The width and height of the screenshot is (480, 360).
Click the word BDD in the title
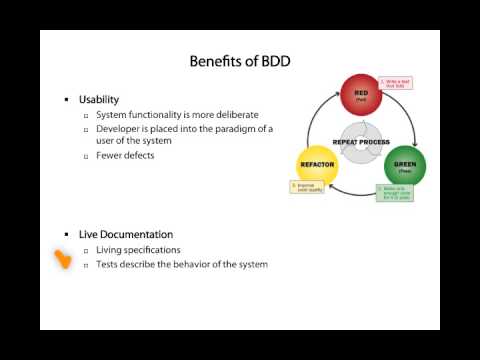[x=274, y=61]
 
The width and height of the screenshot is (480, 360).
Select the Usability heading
[x=99, y=99]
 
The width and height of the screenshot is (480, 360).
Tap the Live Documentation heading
[x=119, y=234]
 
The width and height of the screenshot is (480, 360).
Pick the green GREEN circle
[x=405, y=166]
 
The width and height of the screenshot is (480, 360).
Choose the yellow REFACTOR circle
[x=318, y=166]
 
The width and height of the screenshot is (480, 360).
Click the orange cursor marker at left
[x=63, y=261]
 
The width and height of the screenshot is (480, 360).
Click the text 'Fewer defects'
[x=125, y=155]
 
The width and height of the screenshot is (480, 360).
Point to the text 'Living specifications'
[x=138, y=249]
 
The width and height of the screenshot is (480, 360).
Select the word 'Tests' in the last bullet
[x=107, y=264]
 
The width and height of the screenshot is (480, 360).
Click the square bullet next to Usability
[x=67, y=99]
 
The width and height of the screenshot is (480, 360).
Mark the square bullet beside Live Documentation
[x=67, y=234]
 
